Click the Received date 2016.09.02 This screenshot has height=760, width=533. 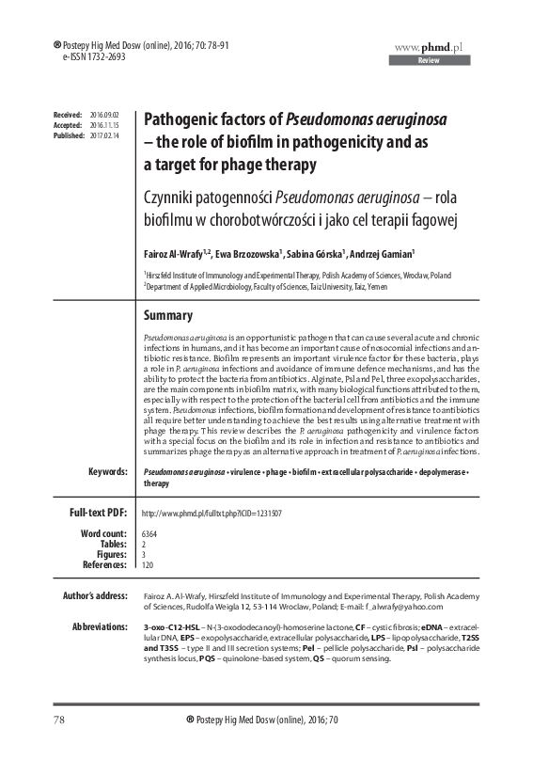coord(103,114)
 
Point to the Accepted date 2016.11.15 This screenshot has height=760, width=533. coord(103,125)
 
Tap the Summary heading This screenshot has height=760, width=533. coord(167,316)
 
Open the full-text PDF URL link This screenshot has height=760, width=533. coord(212,514)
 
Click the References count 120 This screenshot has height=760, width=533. coord(147,565)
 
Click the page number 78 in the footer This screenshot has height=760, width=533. coord(33,746)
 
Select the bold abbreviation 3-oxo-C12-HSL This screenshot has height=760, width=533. coord(170,626)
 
